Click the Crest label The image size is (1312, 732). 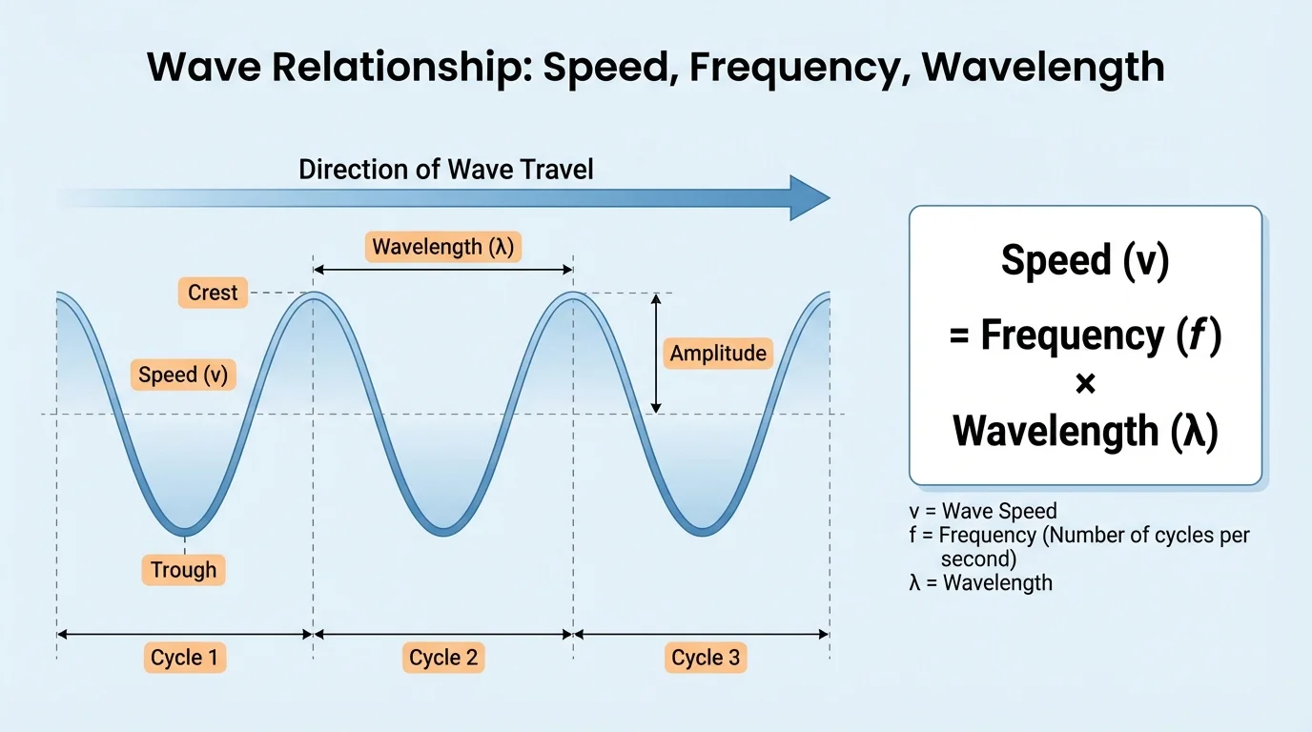(x=213, y=293)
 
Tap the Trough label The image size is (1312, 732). (x=183, y=570)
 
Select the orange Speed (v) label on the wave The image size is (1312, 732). (x=183, y=375)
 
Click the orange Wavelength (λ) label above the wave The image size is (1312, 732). (x=443, y=247)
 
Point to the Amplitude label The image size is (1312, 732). (x=717, y=354)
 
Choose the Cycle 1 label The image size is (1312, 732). (x=185, y=658)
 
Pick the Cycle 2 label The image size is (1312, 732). (x=443, y=658)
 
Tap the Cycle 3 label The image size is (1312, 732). (x=706, y=658)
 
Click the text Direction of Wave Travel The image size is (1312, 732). (x=445, y=170)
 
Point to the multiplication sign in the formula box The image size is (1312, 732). (x=1085, y=384)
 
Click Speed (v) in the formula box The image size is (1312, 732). (x=1085, y=261)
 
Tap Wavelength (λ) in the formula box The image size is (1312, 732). (x=1085, y=431)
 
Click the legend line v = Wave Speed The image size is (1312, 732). (x=983, y=512)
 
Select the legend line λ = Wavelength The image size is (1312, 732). (x=981, y=582)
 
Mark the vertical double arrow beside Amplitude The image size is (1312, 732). (x=655, y=353)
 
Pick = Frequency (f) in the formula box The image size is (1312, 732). (x=1085, y=335)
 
